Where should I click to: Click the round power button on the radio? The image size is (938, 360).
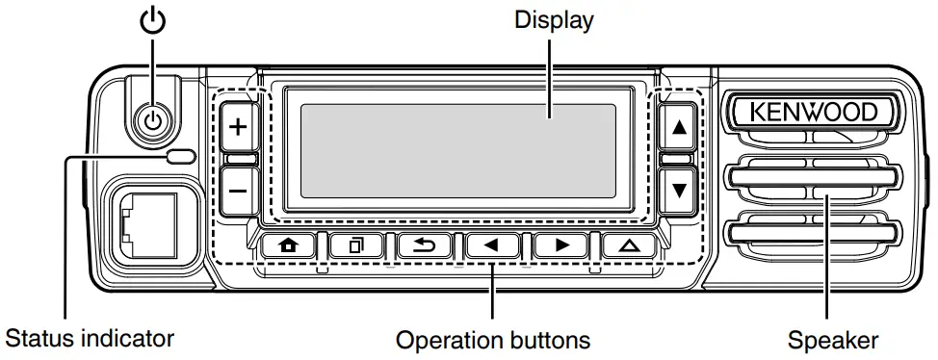click(x=154, y=120)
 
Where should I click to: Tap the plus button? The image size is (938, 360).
click(x=237, y=127)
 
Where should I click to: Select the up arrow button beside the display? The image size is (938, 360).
click(x=680, y=127)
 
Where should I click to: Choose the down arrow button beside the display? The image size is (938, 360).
click(x=680, y=189)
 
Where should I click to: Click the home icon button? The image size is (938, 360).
click(x=288, y=244)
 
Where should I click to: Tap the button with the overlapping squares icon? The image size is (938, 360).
click(x=356, y=244)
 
